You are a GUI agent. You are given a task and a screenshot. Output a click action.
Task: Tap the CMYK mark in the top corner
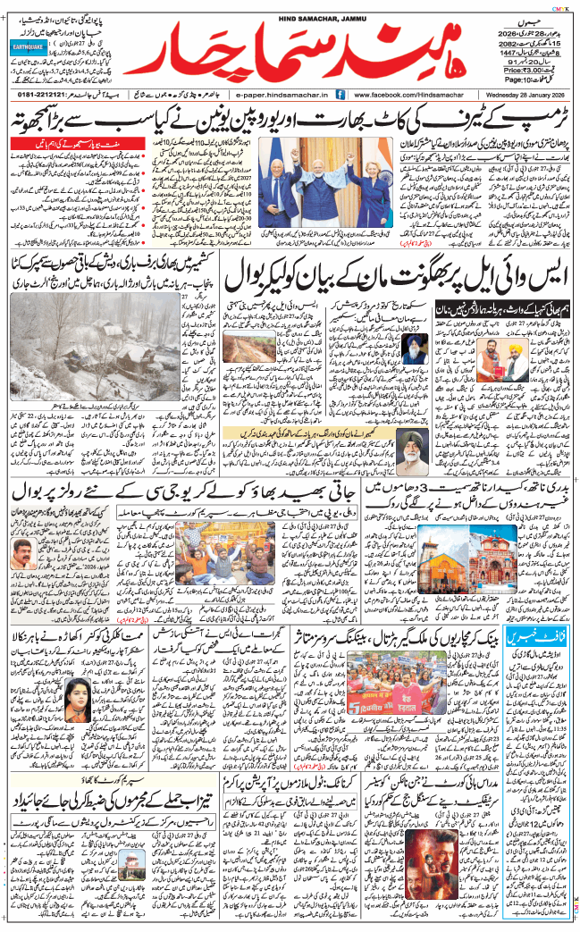[564, 5]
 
